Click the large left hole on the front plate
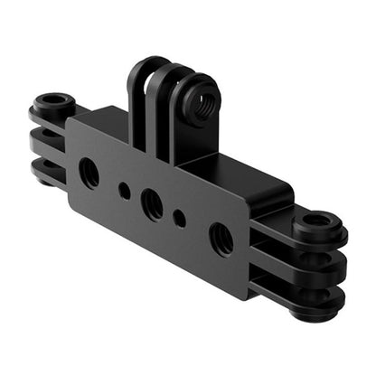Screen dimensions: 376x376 [89, 172]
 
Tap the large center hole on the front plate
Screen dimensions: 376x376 [154, 205]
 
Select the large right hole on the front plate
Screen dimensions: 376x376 [221, 240]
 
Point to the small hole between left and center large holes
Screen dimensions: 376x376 [124, 191]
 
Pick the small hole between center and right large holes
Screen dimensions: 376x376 [180, 219]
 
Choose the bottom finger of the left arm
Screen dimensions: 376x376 [47, 171]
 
